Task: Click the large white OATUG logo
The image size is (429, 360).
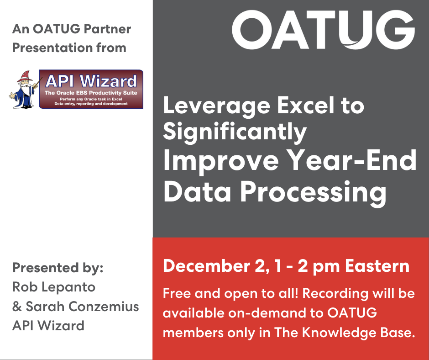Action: [x=324, y=30]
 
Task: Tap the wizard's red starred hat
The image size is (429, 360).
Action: [x=25, y=76]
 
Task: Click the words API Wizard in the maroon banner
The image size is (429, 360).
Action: [x=91, y=81]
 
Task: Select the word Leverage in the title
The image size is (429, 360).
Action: [x=217, y=106]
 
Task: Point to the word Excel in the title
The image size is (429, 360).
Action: [x=306, y=105]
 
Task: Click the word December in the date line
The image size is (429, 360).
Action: [x=207, y=266]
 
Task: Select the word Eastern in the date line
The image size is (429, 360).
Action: [x=377, y=266]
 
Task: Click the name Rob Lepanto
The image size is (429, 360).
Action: [x=54, y=287]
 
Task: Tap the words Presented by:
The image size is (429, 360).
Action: [x=58, y=268]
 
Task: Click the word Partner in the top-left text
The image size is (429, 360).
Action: [x=107, y=29]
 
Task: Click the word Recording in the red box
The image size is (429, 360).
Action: [x=335, y=294]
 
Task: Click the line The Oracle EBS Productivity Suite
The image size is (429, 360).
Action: [x=91, y=93]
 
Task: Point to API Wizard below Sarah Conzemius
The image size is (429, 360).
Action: [x=48, y=325]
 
